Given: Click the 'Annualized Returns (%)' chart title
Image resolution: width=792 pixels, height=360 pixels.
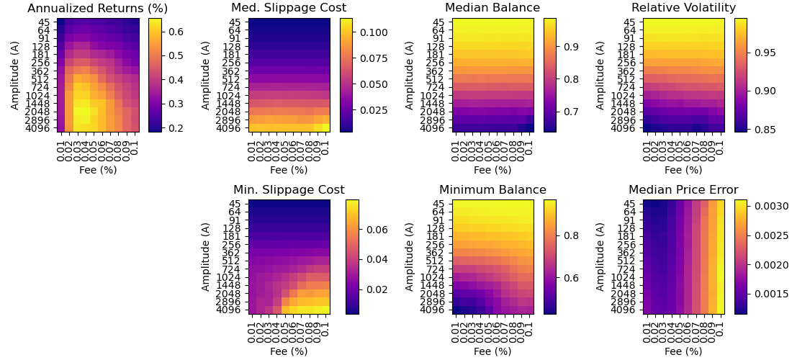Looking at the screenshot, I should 97,9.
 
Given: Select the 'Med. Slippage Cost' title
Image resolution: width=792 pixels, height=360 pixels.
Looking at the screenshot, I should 289,9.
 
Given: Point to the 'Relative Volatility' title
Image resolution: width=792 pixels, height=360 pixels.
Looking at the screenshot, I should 683,9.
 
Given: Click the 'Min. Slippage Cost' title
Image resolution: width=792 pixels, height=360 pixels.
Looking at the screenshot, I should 289,190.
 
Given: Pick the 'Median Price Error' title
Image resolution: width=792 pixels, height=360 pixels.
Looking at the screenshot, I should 683,190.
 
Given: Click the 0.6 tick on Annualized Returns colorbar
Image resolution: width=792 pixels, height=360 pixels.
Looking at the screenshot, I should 175,32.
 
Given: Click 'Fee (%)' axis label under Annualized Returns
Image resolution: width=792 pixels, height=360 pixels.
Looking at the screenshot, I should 97,170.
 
